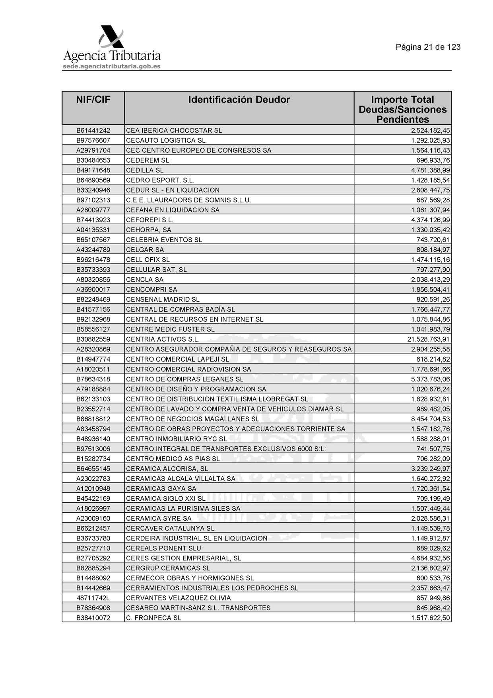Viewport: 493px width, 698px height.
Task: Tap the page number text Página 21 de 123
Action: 428,47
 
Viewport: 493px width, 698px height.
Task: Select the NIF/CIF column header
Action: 93,100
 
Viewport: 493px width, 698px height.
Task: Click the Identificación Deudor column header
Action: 239,100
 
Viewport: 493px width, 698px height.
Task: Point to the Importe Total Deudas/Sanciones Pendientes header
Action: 402,109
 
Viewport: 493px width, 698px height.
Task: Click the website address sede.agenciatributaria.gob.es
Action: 112,66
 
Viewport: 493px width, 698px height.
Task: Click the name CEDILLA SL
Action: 145,170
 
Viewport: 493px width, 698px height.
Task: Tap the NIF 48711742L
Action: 93,598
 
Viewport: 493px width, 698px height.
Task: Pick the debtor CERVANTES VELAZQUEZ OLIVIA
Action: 178,598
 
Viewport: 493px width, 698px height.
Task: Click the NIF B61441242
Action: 93,130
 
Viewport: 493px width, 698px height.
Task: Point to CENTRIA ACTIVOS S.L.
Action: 163,339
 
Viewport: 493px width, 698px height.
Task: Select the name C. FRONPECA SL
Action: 153,618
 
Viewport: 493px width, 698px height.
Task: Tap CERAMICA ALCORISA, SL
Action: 167,469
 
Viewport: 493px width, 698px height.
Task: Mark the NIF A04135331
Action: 93,230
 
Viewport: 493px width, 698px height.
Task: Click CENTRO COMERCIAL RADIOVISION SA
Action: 188,369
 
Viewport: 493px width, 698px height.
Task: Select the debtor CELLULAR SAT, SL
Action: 156,270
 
